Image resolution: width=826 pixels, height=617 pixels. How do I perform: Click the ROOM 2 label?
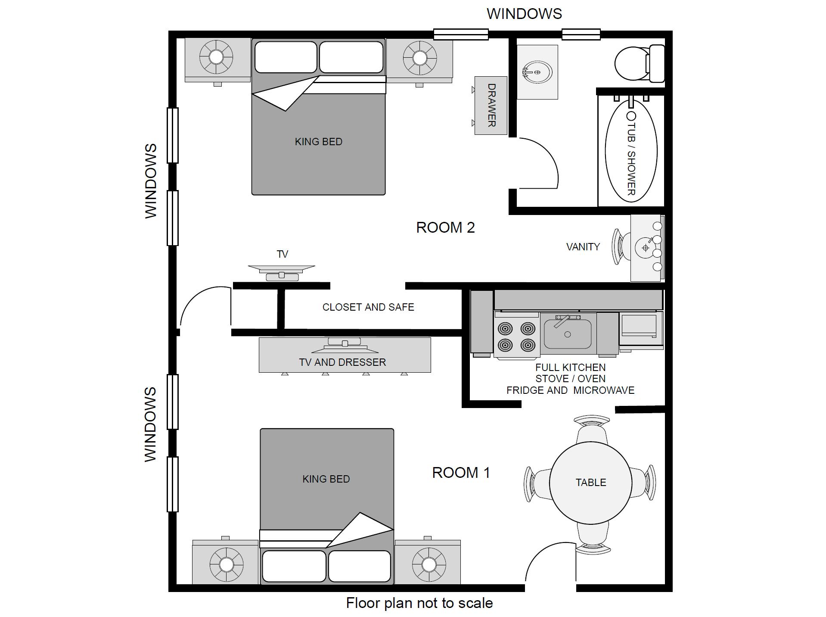445,227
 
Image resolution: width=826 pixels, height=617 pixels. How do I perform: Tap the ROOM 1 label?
461,473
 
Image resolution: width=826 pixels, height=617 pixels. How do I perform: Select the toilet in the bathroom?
640,63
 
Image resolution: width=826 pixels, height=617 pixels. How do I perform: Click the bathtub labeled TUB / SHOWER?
631,151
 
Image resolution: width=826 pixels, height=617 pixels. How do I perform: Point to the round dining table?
591,483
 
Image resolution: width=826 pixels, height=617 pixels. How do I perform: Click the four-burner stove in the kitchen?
516,336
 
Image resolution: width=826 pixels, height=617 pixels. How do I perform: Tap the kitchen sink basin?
568,333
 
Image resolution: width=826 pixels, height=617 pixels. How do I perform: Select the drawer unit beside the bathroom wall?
491,106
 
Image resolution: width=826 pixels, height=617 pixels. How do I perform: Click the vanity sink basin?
645,248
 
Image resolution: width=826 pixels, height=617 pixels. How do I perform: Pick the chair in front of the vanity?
621,247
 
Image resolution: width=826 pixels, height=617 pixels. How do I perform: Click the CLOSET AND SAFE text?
368,307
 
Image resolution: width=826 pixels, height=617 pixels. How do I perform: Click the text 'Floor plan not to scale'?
419,603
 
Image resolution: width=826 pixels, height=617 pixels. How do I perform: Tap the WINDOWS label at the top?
524,14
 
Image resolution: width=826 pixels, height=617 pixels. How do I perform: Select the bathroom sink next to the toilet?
537,72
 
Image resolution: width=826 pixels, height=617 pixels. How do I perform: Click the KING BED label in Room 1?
326,479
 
